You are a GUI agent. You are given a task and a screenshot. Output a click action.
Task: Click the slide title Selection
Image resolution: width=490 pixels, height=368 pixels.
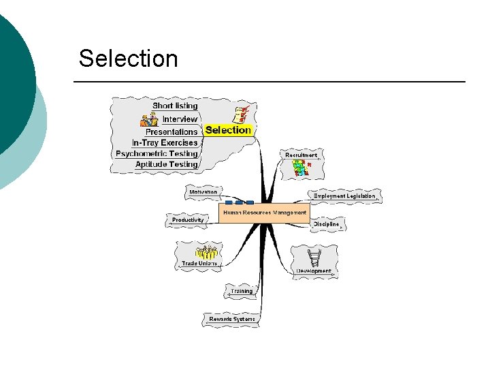(128, 59)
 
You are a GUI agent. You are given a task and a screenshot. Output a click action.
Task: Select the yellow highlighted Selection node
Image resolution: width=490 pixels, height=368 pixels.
(228, 129)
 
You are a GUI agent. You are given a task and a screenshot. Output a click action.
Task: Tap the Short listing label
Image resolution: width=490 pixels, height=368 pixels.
(175, 106)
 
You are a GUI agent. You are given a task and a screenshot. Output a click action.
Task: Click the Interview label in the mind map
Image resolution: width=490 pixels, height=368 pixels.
(180, 119)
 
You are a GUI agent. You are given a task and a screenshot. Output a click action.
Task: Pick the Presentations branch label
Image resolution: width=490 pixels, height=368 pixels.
(171, 132)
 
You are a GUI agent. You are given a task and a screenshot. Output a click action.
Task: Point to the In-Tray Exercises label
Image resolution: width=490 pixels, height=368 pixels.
(165, 142)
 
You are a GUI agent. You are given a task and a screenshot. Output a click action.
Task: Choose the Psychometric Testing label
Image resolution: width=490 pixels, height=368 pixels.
(157, 153)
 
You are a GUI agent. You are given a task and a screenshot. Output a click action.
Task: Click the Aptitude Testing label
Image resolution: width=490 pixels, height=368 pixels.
(166, 164)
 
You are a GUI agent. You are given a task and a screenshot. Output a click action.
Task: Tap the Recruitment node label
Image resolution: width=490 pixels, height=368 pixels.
(301, 155)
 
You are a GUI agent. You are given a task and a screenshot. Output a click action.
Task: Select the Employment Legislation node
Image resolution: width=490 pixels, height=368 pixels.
(344, 196)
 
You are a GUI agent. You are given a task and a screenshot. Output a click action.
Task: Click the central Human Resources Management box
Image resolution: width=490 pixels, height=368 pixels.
(263, 213)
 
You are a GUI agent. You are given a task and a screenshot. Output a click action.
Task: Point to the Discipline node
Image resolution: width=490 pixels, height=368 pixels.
(326, 224)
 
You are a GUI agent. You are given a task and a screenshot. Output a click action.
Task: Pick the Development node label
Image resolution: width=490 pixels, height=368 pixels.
(314, 271)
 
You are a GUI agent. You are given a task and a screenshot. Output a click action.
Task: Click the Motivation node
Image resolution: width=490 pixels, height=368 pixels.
(203, 192)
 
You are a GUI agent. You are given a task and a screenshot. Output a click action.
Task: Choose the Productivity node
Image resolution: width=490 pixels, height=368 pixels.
(187, 220)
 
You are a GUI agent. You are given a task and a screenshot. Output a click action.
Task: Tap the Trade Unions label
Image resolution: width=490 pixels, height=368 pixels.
(199, 263)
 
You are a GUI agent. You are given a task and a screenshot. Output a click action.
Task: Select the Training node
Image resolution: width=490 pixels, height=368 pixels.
(241, 291)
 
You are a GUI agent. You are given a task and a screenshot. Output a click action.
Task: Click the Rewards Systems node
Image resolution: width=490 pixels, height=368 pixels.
(232, 319)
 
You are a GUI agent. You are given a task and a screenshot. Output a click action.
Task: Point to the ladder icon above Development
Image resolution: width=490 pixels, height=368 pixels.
(314, 258)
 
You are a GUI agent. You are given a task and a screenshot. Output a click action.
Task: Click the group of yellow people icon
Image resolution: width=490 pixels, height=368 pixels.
(206, 251)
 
